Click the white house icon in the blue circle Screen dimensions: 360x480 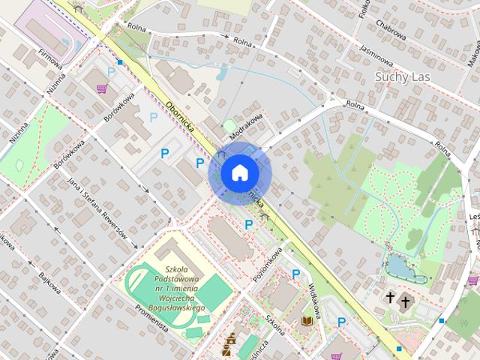239,173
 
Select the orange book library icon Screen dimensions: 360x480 306,322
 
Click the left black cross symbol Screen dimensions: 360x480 390,300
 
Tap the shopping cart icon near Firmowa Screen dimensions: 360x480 101,88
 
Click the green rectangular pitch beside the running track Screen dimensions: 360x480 214,292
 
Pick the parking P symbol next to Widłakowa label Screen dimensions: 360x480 296,275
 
